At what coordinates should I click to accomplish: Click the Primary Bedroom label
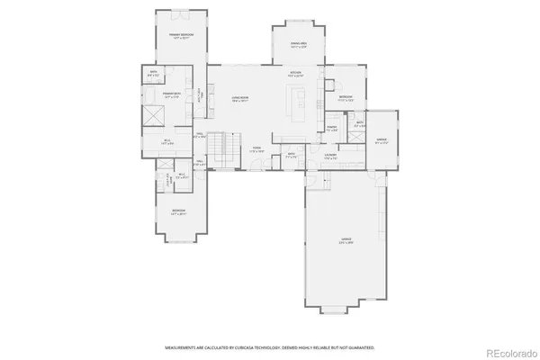tap(181, 35)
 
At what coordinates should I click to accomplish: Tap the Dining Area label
tap(297, 44)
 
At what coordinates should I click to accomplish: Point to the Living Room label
tap(239, 98)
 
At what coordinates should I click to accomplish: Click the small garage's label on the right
tap(381, 141)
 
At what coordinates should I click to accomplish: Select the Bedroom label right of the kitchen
tap(346, 98)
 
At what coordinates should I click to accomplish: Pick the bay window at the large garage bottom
tap(333, 310)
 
